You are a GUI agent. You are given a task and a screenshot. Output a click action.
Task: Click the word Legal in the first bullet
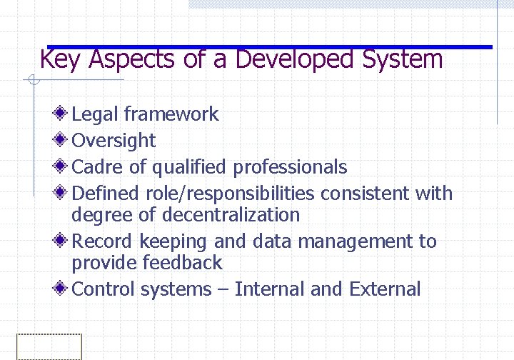pos(95,114)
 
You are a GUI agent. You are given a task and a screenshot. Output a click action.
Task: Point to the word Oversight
pos(114,141)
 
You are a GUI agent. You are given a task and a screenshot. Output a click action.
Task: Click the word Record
pos(104,241)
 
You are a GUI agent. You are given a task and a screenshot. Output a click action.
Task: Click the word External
pos(385,289)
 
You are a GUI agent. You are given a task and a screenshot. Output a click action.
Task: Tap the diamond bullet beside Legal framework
pos(62,114)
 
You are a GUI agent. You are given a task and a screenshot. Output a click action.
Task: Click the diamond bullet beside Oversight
pos(62,140)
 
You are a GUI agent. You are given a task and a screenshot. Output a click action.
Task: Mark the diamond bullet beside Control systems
pos(62,289)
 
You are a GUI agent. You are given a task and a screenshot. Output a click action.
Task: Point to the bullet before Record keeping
pos(62,241)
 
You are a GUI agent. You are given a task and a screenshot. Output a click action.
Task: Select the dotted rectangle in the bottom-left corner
pos(49,346)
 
